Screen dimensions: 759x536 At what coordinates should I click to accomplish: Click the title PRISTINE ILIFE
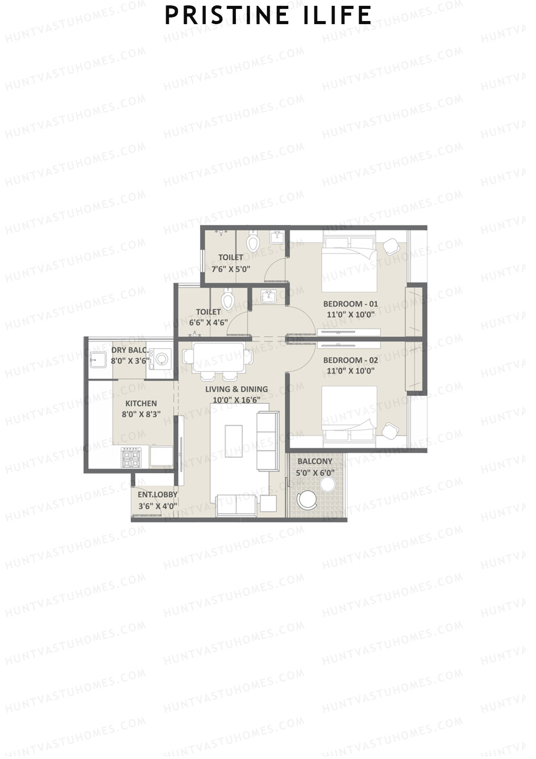pyautogui.click(x=268, y=16)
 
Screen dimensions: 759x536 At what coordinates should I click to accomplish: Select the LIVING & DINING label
pyautogui.click(x=236, y=389)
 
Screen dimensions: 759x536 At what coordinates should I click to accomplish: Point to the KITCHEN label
pyautogui.click(x=141, y=403)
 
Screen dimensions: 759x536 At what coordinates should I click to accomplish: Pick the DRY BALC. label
pyautogui.click(x=130, y=350)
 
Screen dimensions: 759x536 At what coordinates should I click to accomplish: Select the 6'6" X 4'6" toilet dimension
pyautogui.click(x=209, y=322)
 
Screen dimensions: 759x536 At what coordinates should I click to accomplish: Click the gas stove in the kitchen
pyautogui.click(x=131, y=458)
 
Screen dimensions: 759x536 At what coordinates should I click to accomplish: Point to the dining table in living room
pyautogui.click(x=218, y=357)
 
